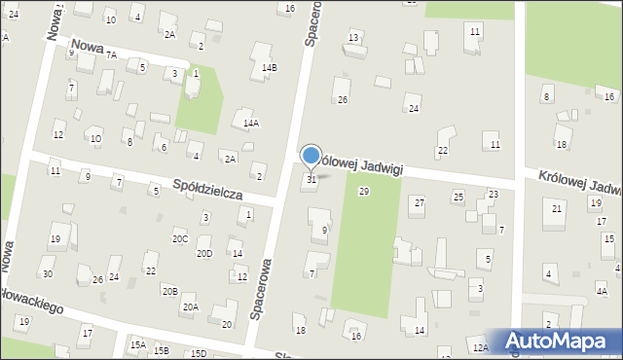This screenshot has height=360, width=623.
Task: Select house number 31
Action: [x=311, y=179]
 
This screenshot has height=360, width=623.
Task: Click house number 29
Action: [x=363, y=192]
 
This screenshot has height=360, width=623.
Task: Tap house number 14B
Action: [x=270, y=67]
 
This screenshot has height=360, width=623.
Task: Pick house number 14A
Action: [x=251, y=124]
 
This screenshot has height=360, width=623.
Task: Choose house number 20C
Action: [x=180, y=238]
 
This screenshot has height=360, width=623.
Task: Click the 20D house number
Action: [x=204, y=253]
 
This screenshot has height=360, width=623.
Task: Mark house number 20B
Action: [x=169, y=291]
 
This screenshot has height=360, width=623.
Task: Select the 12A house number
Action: [x=479, y=347]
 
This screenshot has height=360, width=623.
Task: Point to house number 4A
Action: [x=602, y=291]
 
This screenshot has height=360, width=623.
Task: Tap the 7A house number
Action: [x=112, y=55]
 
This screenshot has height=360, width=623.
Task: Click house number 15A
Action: [x=138, y=344]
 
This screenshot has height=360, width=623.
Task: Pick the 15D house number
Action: [x=199, y=353]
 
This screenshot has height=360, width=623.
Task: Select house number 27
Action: [x=420, y=202]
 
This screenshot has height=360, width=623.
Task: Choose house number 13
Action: [x=353, y=37]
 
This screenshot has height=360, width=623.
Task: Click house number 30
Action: [x=47, y=273]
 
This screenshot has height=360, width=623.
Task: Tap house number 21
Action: [x=557, y=209]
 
